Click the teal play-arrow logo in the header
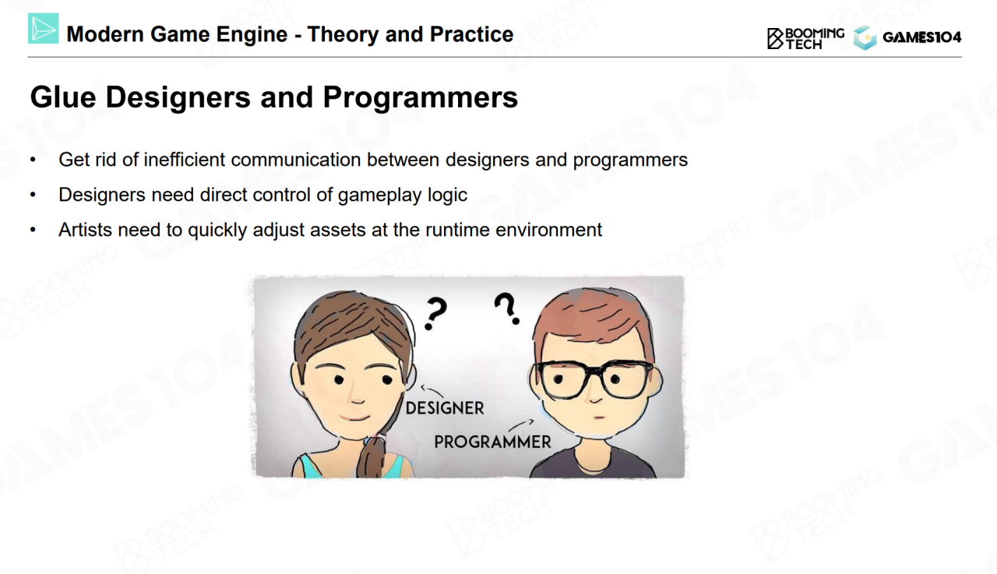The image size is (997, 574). tap(43, 29)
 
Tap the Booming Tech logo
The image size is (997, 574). tap(805, 38)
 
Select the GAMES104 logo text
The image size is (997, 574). tap(921, 37)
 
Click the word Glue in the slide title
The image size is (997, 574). tap(63, 97)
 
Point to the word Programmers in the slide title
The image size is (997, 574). tap(420, 97)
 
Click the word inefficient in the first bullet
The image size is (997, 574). tap(185, 160)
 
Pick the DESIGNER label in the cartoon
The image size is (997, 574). tap(445, 408)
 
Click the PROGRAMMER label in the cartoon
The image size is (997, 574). tap(492, 442)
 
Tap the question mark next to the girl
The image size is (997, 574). tap(435, 314)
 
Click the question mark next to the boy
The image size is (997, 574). tap(507, 308)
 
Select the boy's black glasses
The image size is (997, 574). tap(594, 379)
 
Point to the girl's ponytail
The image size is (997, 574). tap(371, 457)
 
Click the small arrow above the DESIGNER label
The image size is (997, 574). tap(432, 391)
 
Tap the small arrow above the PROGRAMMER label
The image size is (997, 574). tap(521, 425)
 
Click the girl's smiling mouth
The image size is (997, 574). tap(354, 417)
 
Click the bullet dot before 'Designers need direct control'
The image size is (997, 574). tap(33, 195)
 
